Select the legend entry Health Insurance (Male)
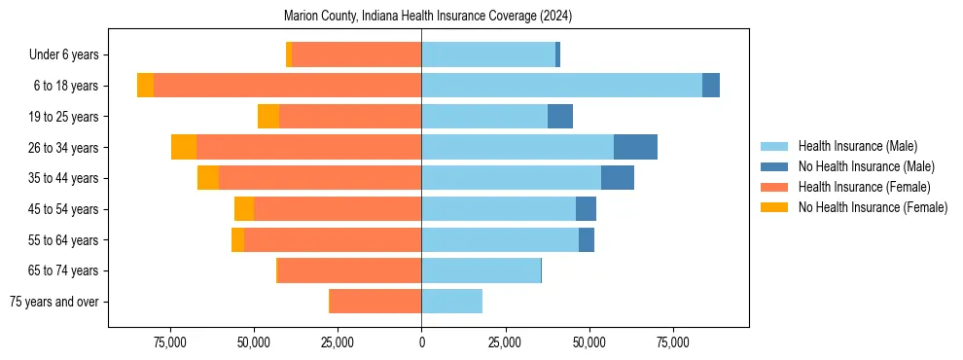[857, 146]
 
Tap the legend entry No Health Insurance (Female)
[873, 207]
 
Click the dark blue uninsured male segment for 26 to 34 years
[635, 147]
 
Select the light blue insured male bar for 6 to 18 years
[561, 86]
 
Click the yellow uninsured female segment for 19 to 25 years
[268, 117]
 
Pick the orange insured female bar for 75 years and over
[375, 302]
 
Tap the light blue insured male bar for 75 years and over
[451, 302]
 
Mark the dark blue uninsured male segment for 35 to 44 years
[618, 178]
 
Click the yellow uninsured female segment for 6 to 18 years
[145, 86]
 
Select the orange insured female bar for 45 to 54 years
[338, 209]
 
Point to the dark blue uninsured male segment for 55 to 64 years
[587, 240]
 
